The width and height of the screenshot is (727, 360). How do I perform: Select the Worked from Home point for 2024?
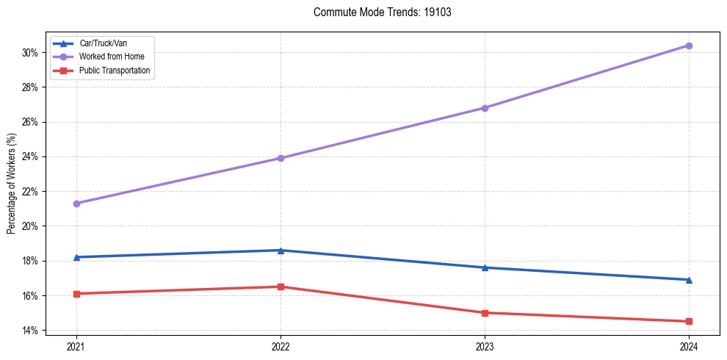point(689,46)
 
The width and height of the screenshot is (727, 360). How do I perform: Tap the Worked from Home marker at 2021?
point(76,204)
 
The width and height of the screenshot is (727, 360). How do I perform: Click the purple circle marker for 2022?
point(281,158)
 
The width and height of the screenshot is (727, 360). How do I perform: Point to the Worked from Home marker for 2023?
point(485,108)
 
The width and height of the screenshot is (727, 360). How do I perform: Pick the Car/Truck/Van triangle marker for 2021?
point(76,257)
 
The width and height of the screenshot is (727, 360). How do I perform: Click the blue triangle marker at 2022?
point(281,251)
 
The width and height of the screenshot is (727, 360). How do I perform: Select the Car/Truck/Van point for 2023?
point(485,267)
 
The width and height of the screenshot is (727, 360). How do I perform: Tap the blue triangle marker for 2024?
point(689,280)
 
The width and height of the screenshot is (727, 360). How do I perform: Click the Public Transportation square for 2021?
point(76,294)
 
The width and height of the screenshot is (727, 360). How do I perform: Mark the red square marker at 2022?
point(281,287)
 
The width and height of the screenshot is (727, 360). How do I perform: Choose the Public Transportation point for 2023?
point(485,313)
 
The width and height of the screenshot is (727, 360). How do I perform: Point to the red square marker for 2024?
point(689,321)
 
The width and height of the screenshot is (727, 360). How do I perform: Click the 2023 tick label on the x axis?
point(485,345)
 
